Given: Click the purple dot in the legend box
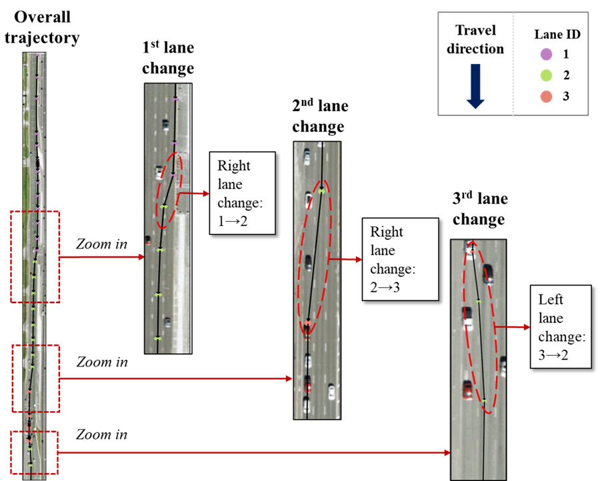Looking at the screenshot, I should point(546,54).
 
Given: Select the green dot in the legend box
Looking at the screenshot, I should point(546,75).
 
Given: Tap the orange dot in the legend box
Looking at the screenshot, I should point(546,97).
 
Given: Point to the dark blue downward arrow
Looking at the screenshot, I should point(475,86).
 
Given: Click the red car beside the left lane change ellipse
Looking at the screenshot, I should point(468,389).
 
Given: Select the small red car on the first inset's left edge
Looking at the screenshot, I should point(148,240).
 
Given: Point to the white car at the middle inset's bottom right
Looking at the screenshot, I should point(331,390).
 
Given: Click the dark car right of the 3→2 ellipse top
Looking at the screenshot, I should point(488,273).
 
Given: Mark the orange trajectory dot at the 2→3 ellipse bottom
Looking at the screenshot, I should point(307,324).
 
